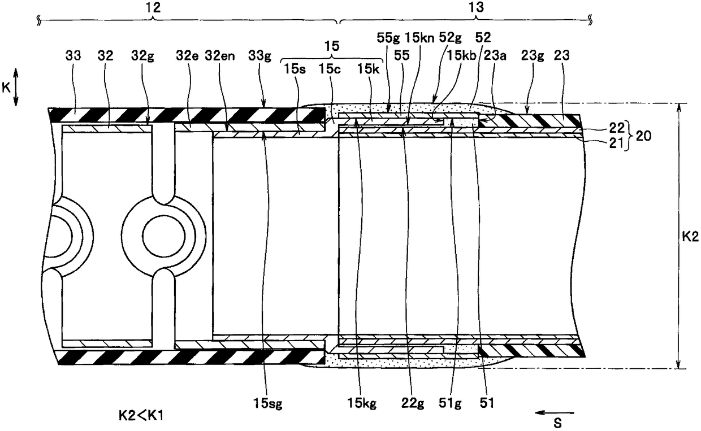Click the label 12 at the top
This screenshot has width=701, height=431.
(x=153, y=7)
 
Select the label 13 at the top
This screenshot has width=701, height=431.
(x=477, y=7)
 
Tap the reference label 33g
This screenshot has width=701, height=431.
(x=259, y=56)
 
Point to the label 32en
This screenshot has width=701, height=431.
(x=220, y=56)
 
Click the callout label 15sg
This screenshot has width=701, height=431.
(x=268, y=403)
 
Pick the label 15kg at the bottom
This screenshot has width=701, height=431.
(x=362, y=403)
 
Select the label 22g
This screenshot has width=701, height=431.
(x=413, y=403)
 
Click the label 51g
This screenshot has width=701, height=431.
(x=449, y=403)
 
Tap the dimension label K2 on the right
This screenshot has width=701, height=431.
(x=690, y=237)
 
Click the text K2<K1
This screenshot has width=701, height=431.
(x=141, y=416)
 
